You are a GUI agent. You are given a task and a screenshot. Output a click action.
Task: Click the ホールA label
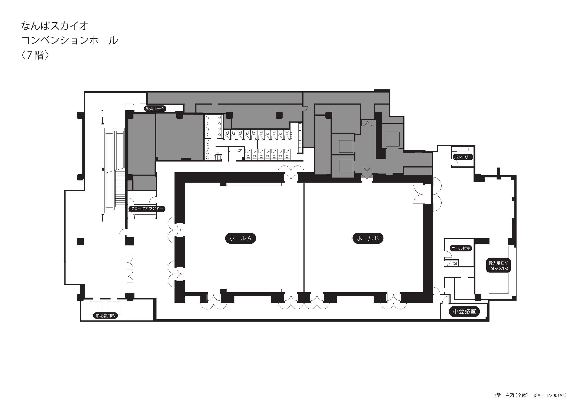coord(240,238)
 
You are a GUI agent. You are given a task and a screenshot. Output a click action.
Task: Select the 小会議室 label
coord(464,312)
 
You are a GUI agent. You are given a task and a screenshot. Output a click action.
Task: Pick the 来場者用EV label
coord(105,316)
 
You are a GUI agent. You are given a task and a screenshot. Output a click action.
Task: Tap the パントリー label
coord(463,157)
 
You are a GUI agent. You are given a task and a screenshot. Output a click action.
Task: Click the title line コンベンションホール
coord(70,40)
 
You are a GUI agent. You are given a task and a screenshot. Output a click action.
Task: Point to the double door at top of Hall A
coord(291,173)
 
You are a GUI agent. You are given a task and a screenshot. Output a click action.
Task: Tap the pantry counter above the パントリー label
coord(463,149)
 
